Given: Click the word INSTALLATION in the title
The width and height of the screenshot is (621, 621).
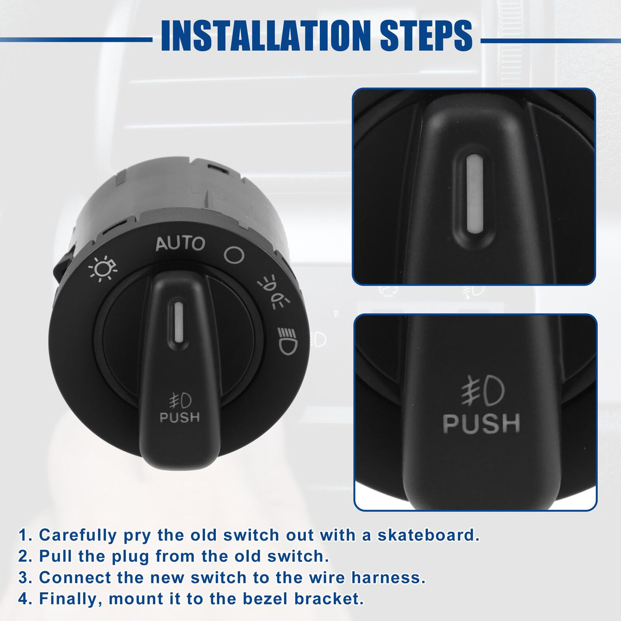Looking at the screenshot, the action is click(266, 36).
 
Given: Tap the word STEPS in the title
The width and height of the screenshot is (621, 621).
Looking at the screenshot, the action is click(426, 36).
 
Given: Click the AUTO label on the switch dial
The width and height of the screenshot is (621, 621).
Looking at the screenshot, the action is click(180, 244).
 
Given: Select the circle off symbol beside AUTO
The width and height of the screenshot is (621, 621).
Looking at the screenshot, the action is click(234, 255).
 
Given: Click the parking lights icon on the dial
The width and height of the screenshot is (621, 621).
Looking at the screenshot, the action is click(273, 292).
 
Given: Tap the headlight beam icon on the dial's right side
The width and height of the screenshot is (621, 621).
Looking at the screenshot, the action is click(288, 341).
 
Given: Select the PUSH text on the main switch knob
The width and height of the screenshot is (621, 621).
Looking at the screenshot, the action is click(180, 417).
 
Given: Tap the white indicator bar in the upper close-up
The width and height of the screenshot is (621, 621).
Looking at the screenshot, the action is click(475, 194).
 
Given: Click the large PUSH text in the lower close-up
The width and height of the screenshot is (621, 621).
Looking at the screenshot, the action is click(481, 423).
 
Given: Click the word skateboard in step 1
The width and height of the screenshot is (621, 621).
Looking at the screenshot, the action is click(428, 535).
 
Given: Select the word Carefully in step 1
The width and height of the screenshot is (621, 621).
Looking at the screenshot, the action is click(78, 536).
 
